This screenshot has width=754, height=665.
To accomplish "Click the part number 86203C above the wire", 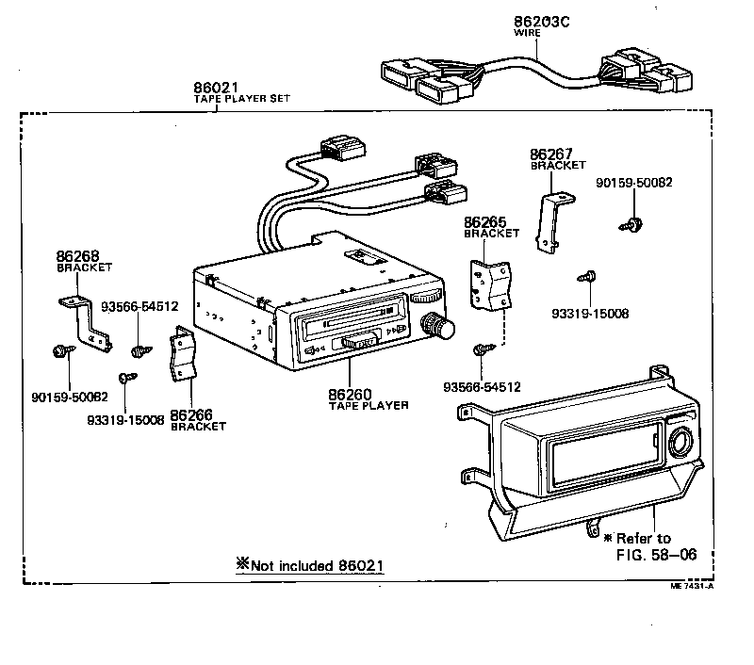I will click(543, 22).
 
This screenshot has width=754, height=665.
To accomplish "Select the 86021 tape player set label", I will click(218, 89).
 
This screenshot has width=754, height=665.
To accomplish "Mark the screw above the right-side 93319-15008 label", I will click(586, 276).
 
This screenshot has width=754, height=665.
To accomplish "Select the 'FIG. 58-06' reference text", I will click(656, 554).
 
